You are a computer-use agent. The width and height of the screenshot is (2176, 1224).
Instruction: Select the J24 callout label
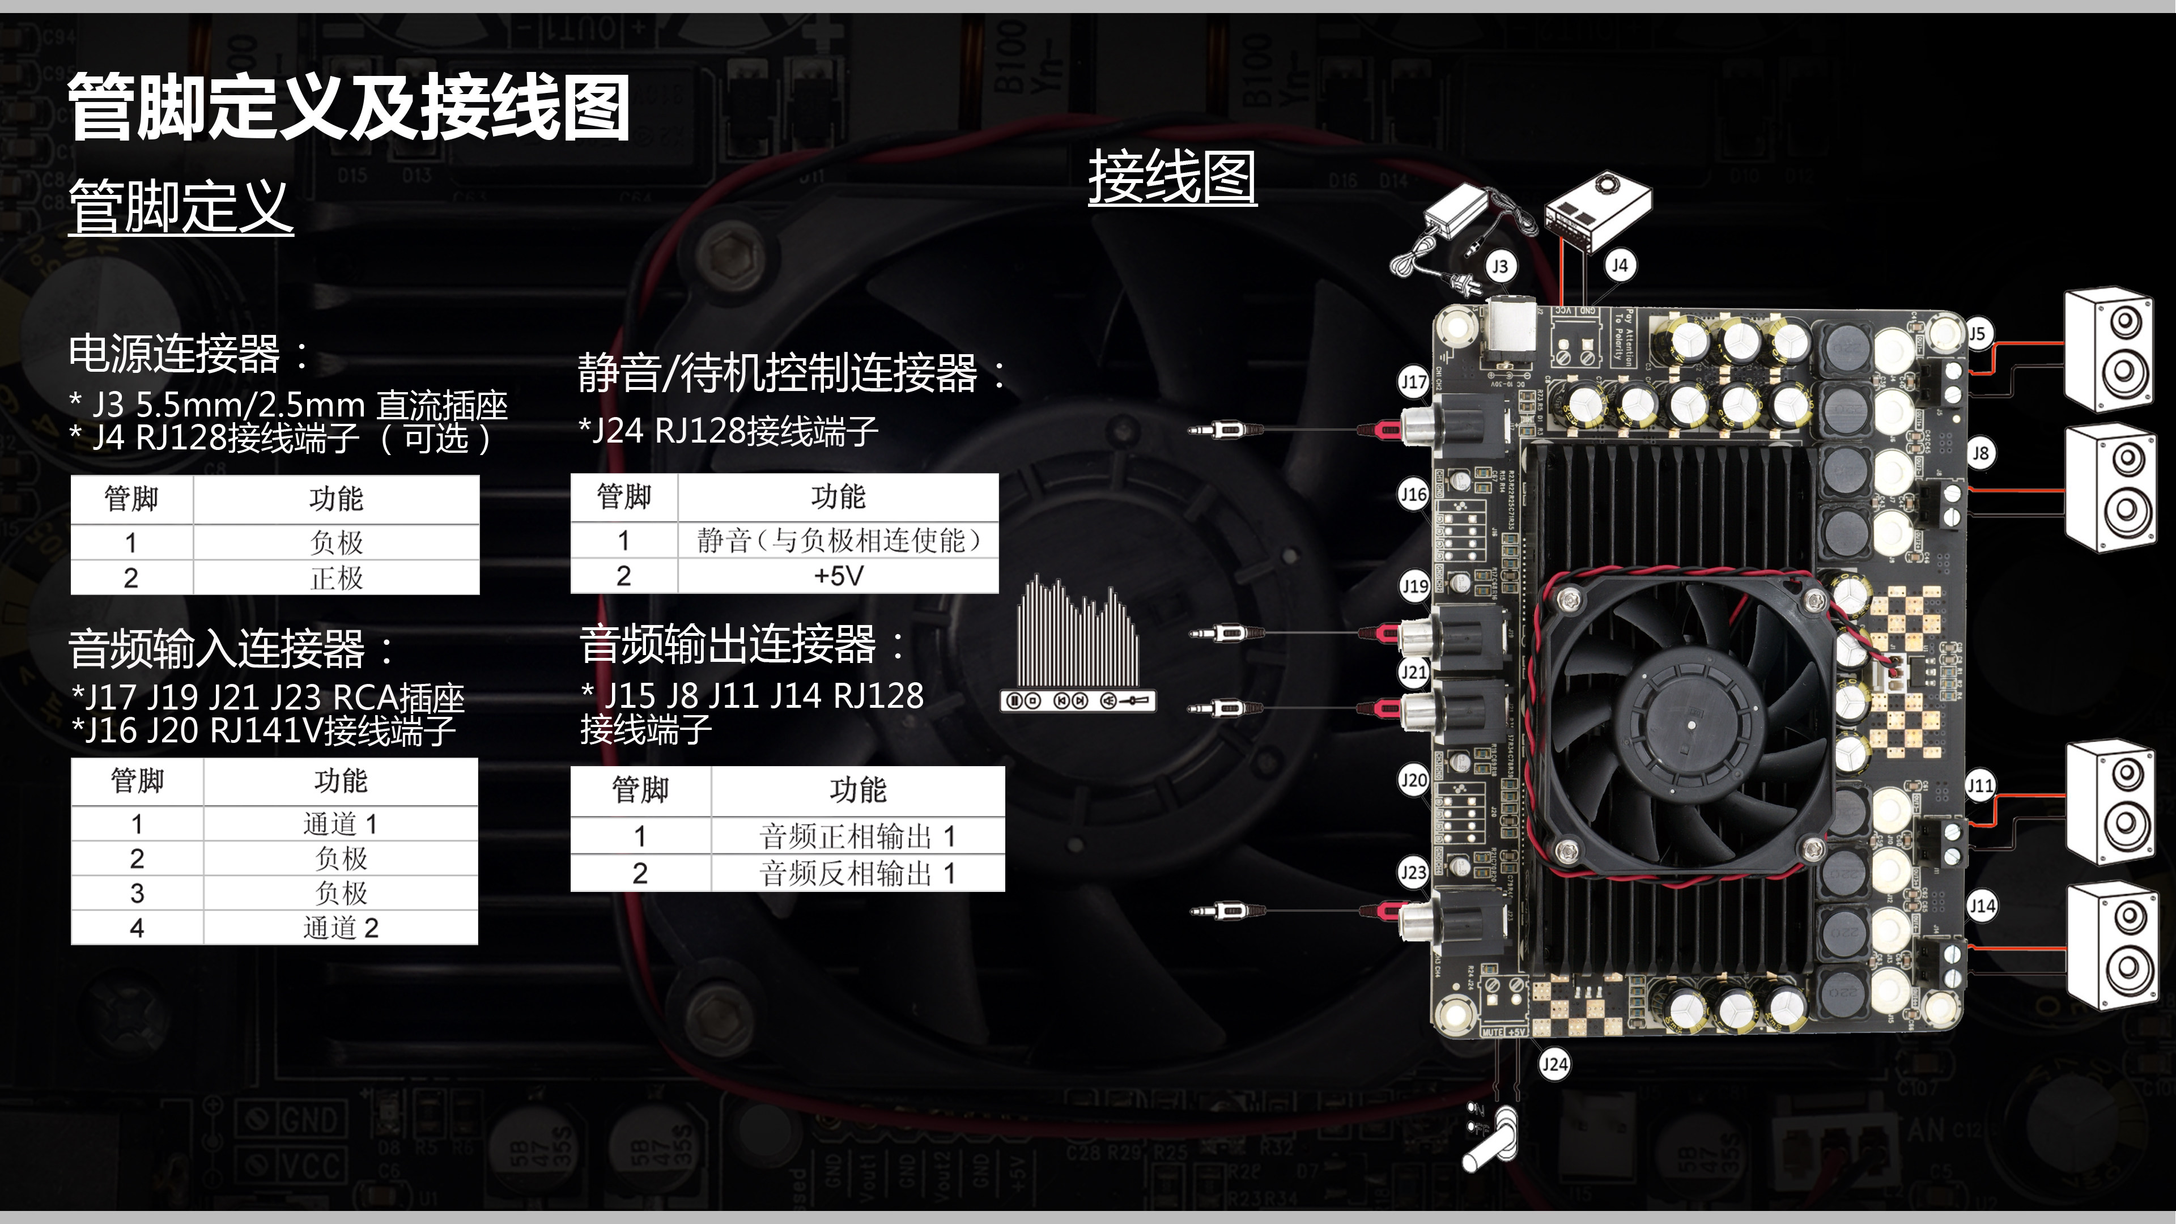[x=1554, y=1064]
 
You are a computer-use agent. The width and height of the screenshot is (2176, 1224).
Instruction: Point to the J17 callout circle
[x=1413, y=382]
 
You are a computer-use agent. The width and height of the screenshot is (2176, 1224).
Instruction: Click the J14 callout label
[x=1982, y=907]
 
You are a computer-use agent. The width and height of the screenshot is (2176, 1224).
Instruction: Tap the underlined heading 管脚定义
[x=181, y=207]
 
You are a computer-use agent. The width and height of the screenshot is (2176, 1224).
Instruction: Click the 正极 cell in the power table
[x=336, y=579]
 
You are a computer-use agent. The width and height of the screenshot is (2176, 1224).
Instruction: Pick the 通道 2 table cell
[x=341, y=928]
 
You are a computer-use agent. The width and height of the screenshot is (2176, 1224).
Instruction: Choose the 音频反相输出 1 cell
[x=857, y=873]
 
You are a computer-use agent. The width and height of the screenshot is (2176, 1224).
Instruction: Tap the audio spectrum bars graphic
[x=1077, y=634]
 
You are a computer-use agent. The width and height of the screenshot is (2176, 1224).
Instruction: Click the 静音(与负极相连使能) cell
[x=838, y=541]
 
